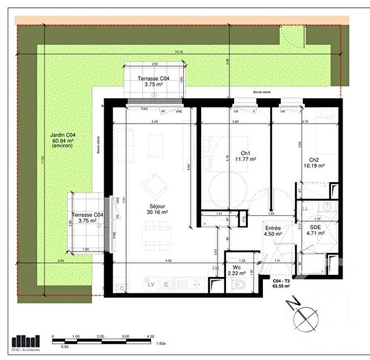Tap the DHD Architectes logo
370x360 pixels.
27,341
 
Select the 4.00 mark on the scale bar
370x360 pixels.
150,337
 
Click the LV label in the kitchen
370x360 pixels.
150,283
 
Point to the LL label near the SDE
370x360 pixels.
305,208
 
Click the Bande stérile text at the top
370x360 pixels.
262,91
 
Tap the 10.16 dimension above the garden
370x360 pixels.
178,52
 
